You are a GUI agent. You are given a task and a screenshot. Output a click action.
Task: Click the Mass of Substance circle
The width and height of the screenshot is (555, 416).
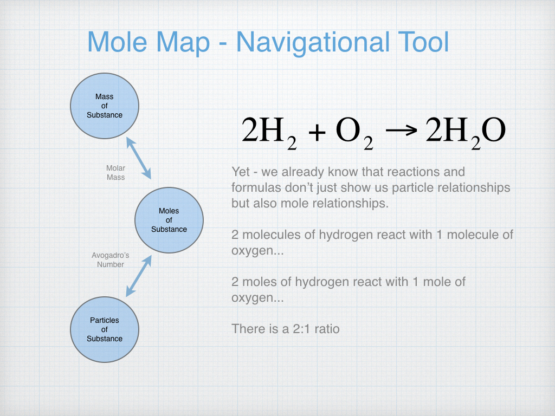point(105,106)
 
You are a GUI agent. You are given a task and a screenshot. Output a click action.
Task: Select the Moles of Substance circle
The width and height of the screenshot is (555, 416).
point(169,220)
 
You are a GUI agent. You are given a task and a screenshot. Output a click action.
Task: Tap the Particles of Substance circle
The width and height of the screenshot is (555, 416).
point(105,329)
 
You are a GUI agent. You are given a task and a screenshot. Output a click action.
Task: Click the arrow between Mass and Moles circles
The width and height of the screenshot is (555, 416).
point(139,158)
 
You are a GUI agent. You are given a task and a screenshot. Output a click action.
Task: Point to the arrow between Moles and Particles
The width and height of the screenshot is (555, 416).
point(139,276)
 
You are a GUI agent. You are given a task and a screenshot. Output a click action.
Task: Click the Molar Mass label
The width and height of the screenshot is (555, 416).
point(115,173)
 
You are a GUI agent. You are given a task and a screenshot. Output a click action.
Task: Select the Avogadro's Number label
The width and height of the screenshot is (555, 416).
point(111,260)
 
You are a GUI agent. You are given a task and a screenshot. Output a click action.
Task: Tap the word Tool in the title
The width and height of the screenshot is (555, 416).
point(420,43)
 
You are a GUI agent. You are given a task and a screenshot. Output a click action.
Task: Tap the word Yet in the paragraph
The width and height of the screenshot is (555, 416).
point(241,172)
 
